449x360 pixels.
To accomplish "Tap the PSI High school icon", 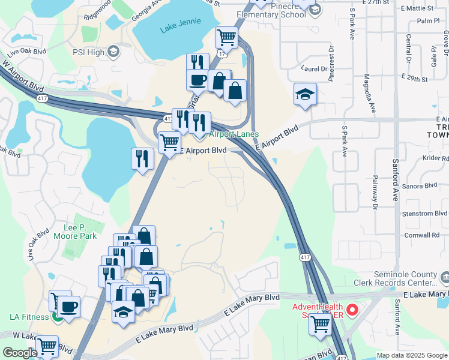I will (x=113, y=52).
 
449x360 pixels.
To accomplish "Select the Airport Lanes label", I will (x=234, y=134).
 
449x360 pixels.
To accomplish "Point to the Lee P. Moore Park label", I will (x=80, y=232).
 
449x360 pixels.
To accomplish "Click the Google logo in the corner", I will (x=20, y=353).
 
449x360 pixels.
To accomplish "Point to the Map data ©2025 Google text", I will (x=411, y=355).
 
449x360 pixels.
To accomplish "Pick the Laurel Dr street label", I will (x=315, y=68).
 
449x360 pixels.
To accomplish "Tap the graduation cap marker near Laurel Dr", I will (x=305, y=94).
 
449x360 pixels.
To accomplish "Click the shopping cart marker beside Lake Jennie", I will (x=227, y=38).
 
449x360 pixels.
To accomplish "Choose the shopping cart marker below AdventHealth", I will (x=320, y=325).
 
